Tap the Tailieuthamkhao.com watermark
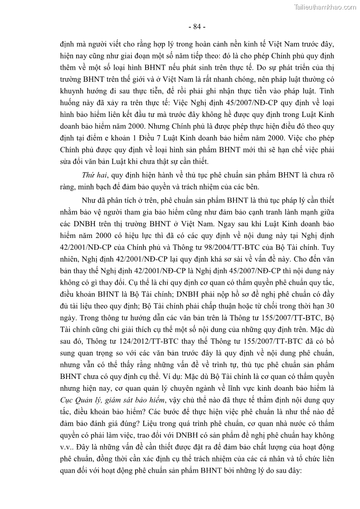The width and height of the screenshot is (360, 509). (x=325, y=7)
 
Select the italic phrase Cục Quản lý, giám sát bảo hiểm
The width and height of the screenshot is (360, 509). (x=113, y=399)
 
